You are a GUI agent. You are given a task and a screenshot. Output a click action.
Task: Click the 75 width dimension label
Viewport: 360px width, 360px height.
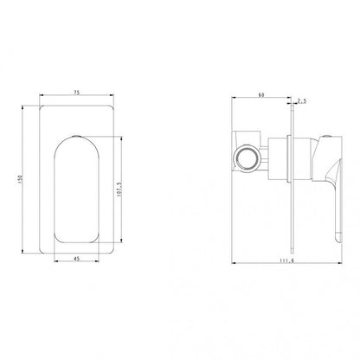point(76,93)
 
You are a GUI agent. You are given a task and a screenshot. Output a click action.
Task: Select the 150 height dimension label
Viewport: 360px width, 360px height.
point(21,178)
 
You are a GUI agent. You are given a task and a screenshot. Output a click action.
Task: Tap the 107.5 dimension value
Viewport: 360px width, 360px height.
point(119,190)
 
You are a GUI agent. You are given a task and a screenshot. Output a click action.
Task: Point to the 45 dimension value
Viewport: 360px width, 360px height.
point(76,259)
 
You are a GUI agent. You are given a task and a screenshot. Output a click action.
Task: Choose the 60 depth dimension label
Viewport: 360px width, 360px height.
point(261,95)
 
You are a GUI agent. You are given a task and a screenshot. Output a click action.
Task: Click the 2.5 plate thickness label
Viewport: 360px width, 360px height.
point(302,100)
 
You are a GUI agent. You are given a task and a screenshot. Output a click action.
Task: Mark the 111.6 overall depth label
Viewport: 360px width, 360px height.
point(286,260)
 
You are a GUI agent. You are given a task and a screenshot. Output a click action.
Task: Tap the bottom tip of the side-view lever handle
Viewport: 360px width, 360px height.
point(338,241)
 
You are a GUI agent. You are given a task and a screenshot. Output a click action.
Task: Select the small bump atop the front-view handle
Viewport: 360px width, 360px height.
point(76,136)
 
